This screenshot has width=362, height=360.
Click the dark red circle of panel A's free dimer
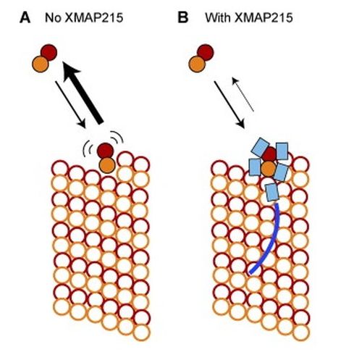coord(50,52)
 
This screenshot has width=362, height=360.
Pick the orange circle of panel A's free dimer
coord(41,64)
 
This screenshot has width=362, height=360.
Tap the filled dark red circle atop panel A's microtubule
coord(106,151)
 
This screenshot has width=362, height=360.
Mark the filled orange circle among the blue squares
coord(269,169)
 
